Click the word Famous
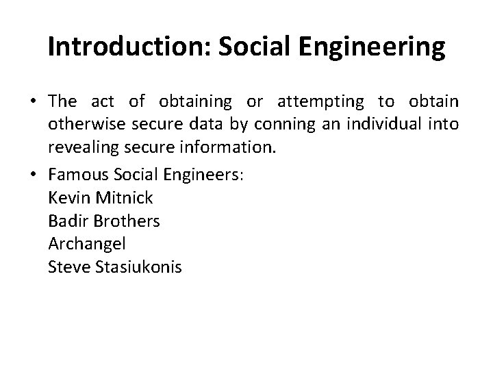[x=79, y=175]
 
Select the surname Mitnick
[x=126, y=199]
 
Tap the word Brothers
[x=126, y=221]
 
